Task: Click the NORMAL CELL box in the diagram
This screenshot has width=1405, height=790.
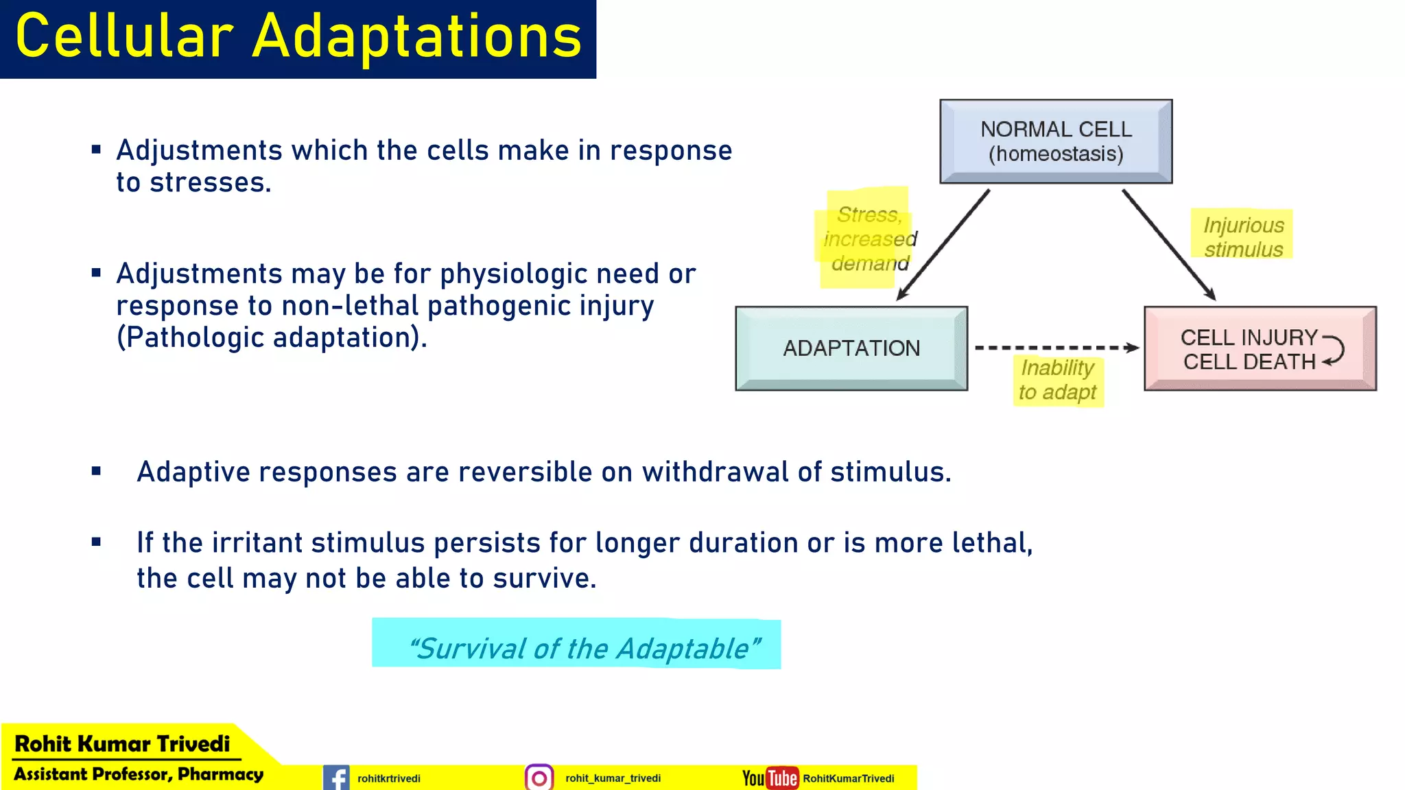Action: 1056,141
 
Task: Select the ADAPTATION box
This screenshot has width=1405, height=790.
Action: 851,348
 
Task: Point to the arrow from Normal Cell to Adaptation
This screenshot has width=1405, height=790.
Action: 943,245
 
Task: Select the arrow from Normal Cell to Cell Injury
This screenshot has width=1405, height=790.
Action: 1168,245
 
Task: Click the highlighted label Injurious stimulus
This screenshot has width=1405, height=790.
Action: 1242,237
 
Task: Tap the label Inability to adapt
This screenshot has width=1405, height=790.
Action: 1057,380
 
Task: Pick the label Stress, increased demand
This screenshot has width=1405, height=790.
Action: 869,239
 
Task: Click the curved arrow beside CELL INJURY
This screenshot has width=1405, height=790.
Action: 1334,350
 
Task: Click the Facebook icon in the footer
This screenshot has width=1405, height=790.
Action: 336,778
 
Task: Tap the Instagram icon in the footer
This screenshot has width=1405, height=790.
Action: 539,778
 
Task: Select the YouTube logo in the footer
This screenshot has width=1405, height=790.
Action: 770,778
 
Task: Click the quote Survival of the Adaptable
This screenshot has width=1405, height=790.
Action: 584,648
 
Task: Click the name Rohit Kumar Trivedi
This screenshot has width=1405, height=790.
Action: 122,743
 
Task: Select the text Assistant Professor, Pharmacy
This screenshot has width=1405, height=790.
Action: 139,774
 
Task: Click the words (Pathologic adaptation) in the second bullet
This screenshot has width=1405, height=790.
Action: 272,337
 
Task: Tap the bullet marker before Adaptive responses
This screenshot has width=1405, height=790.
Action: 96,471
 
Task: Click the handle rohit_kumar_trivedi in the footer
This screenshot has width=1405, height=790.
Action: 613,778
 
